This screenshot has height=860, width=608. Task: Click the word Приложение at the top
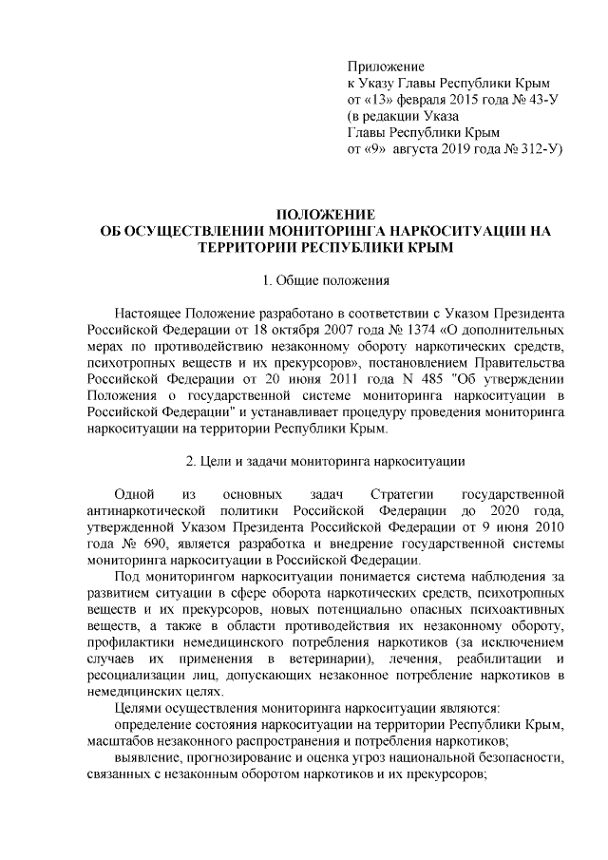pyautogui.click(x=386, y=66)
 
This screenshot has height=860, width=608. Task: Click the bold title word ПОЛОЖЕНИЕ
pyautogui.click(x=319, y=214)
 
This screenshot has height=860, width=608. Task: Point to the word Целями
pyautogui.click(x=139, y=709)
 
